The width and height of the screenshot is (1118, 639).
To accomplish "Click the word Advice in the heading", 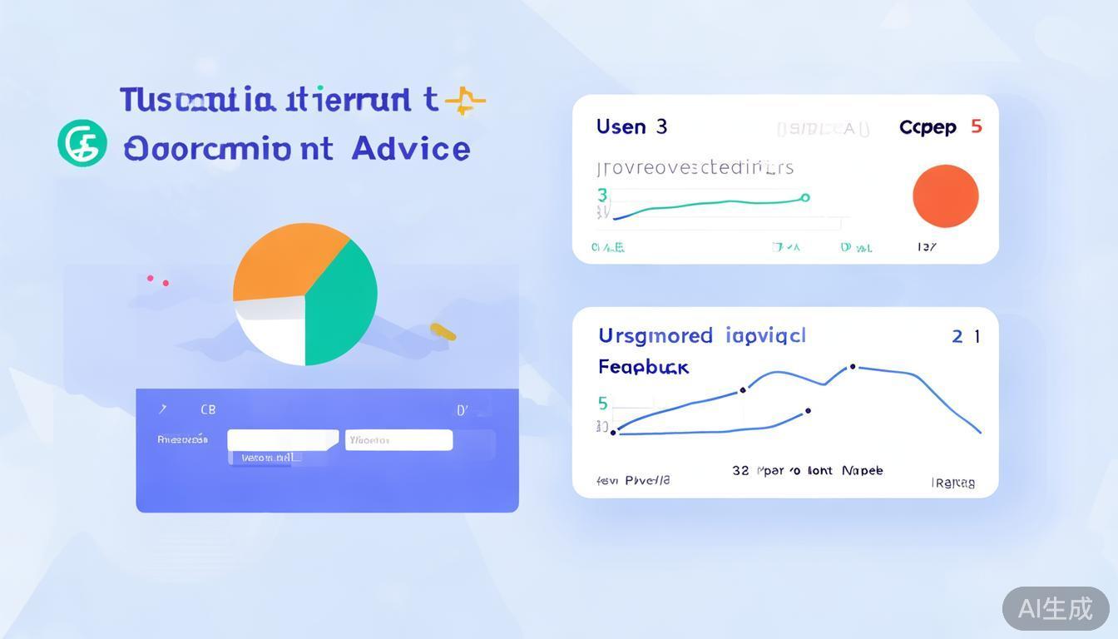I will [x=411, y=149].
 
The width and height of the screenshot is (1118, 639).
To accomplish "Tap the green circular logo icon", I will [x=82, y=143].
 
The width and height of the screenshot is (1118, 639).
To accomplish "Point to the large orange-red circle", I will [x=945, y=196].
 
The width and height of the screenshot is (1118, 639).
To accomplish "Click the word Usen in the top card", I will [x=621, y=127].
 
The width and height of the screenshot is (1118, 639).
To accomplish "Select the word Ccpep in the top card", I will [x=928, y=127].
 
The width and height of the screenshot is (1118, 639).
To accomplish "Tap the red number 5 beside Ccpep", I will [x=977, y=126].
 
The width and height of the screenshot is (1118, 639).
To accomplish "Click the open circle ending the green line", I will [x=804, y=197].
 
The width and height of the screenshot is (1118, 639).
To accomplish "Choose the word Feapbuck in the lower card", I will [x=643, y=367].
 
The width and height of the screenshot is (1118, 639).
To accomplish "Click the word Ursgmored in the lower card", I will [x=655, y=335].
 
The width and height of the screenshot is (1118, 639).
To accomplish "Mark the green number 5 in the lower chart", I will [x=603, y=404].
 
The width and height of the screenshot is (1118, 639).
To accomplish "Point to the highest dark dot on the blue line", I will [x=853, y=366].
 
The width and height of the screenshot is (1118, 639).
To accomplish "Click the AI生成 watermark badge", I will [x=1055, y=608].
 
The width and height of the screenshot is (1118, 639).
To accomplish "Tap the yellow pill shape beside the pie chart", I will [x=443, y=332].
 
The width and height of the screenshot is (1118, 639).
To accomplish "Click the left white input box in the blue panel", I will [x=283, y=440].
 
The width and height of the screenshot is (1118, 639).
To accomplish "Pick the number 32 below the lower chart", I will [x=740, y=470].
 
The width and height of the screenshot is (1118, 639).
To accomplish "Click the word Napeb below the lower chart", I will [x=862, y=470].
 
